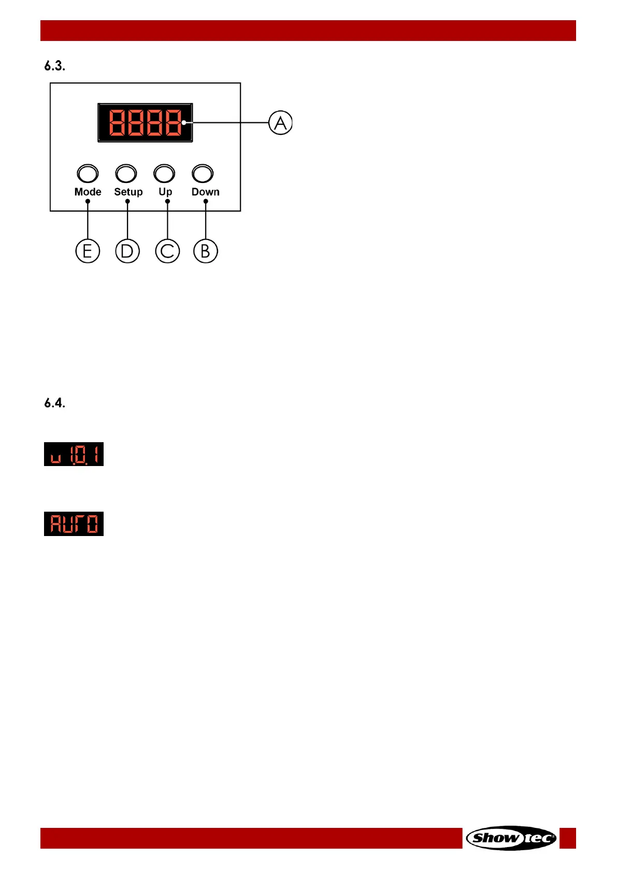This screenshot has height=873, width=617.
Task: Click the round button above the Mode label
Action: pyautogui.click(x=88, y=174)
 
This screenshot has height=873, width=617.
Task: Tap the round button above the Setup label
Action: pyautogui.click(x=126, y=174)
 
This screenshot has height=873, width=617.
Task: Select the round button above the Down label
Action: pyautogui.click(x=203, y=174)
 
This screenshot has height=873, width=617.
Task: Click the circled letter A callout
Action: pyautogui.click(x=280, y=123)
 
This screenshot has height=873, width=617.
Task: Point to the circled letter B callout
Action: pyautogui.click(x=206, y=251)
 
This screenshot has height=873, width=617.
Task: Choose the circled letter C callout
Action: pyautogui.click(x=167, y=251)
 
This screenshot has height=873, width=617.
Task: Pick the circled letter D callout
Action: pyautogui.click(x=127, y=251)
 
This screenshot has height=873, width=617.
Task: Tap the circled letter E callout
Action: pyautogui.click(x=88, y=251)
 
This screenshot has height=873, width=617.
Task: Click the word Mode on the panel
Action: pyautogui.click(x=88, y=192)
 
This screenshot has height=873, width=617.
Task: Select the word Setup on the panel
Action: pyautogui.click(x=128, y=192)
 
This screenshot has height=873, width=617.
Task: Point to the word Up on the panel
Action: pyautogui.click(x=165, y=192)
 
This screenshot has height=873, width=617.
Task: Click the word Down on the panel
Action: pyautogui.click(x=206, y=192)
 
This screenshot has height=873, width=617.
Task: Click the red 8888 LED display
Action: pyautogui.click(x=145, y=123)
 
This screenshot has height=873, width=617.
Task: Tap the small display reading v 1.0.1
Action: pyautogui.click(x=74, y=454)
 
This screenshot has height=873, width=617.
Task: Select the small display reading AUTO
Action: pyautogui.click(x=74, y=524)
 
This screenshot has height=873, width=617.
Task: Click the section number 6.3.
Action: pyautogui.click(x=54, y=66)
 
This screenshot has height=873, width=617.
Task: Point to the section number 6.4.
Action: pyautogui.click(x=54, y=403)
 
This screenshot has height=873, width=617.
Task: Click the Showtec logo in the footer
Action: pyautogui.click(x=511, y=838)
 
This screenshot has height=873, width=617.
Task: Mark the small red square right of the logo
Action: pyautogui.click(x=568, y=838)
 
